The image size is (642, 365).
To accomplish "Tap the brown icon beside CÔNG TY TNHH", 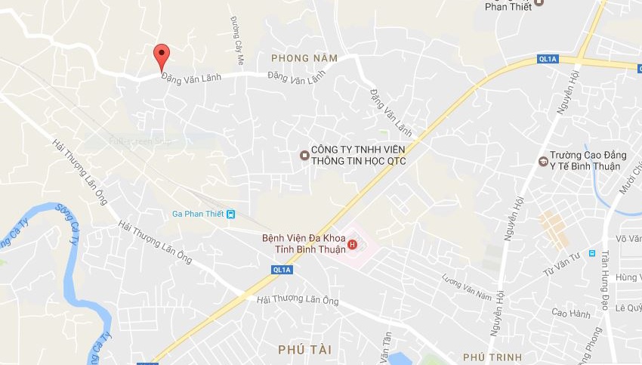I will [304, 155].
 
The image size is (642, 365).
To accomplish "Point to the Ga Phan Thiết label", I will [198, 213].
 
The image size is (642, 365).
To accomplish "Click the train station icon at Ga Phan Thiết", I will [231, 213].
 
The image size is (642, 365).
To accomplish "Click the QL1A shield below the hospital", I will [282, 269].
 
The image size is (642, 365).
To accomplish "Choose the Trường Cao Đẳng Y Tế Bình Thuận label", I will [585, 160].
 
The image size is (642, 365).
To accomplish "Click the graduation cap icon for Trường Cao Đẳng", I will [542, 161].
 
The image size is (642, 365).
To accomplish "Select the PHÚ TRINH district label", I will [488, 356].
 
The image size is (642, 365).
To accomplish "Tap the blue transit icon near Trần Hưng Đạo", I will [592, 254].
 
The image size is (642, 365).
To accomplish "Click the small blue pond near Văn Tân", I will [399, 358].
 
